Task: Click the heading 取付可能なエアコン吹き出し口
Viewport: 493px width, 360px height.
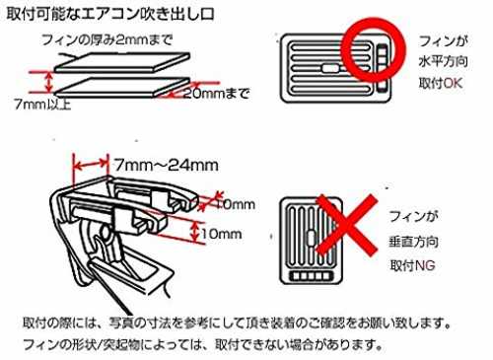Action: coord(110,14)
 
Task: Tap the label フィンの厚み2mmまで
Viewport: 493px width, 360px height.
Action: coord(107,40)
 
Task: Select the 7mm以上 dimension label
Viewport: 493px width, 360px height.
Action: coord(42,105)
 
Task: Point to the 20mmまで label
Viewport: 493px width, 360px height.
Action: coord(216,94)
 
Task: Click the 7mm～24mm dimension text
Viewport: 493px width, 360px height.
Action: coord(166,165)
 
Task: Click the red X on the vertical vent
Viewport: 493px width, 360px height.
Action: coord(346,225)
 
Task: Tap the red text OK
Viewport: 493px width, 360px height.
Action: coord(454,83)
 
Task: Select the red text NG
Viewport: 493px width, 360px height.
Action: coord(426,265)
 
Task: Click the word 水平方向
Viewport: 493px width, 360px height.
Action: coord(443,62)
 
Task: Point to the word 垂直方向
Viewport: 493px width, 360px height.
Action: coord(413,242)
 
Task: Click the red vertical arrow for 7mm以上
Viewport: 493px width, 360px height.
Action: coord(49,82)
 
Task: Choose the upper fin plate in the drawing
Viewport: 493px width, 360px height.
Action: coord(122,62)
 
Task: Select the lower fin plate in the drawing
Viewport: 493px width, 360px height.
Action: coord(122,88)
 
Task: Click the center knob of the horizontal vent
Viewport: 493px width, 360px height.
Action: coord(330,68)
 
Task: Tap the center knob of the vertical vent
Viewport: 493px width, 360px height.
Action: coord(311,238)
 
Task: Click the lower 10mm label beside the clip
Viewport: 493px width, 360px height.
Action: coord(221,234)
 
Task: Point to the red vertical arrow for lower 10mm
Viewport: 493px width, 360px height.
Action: coord(195,231)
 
